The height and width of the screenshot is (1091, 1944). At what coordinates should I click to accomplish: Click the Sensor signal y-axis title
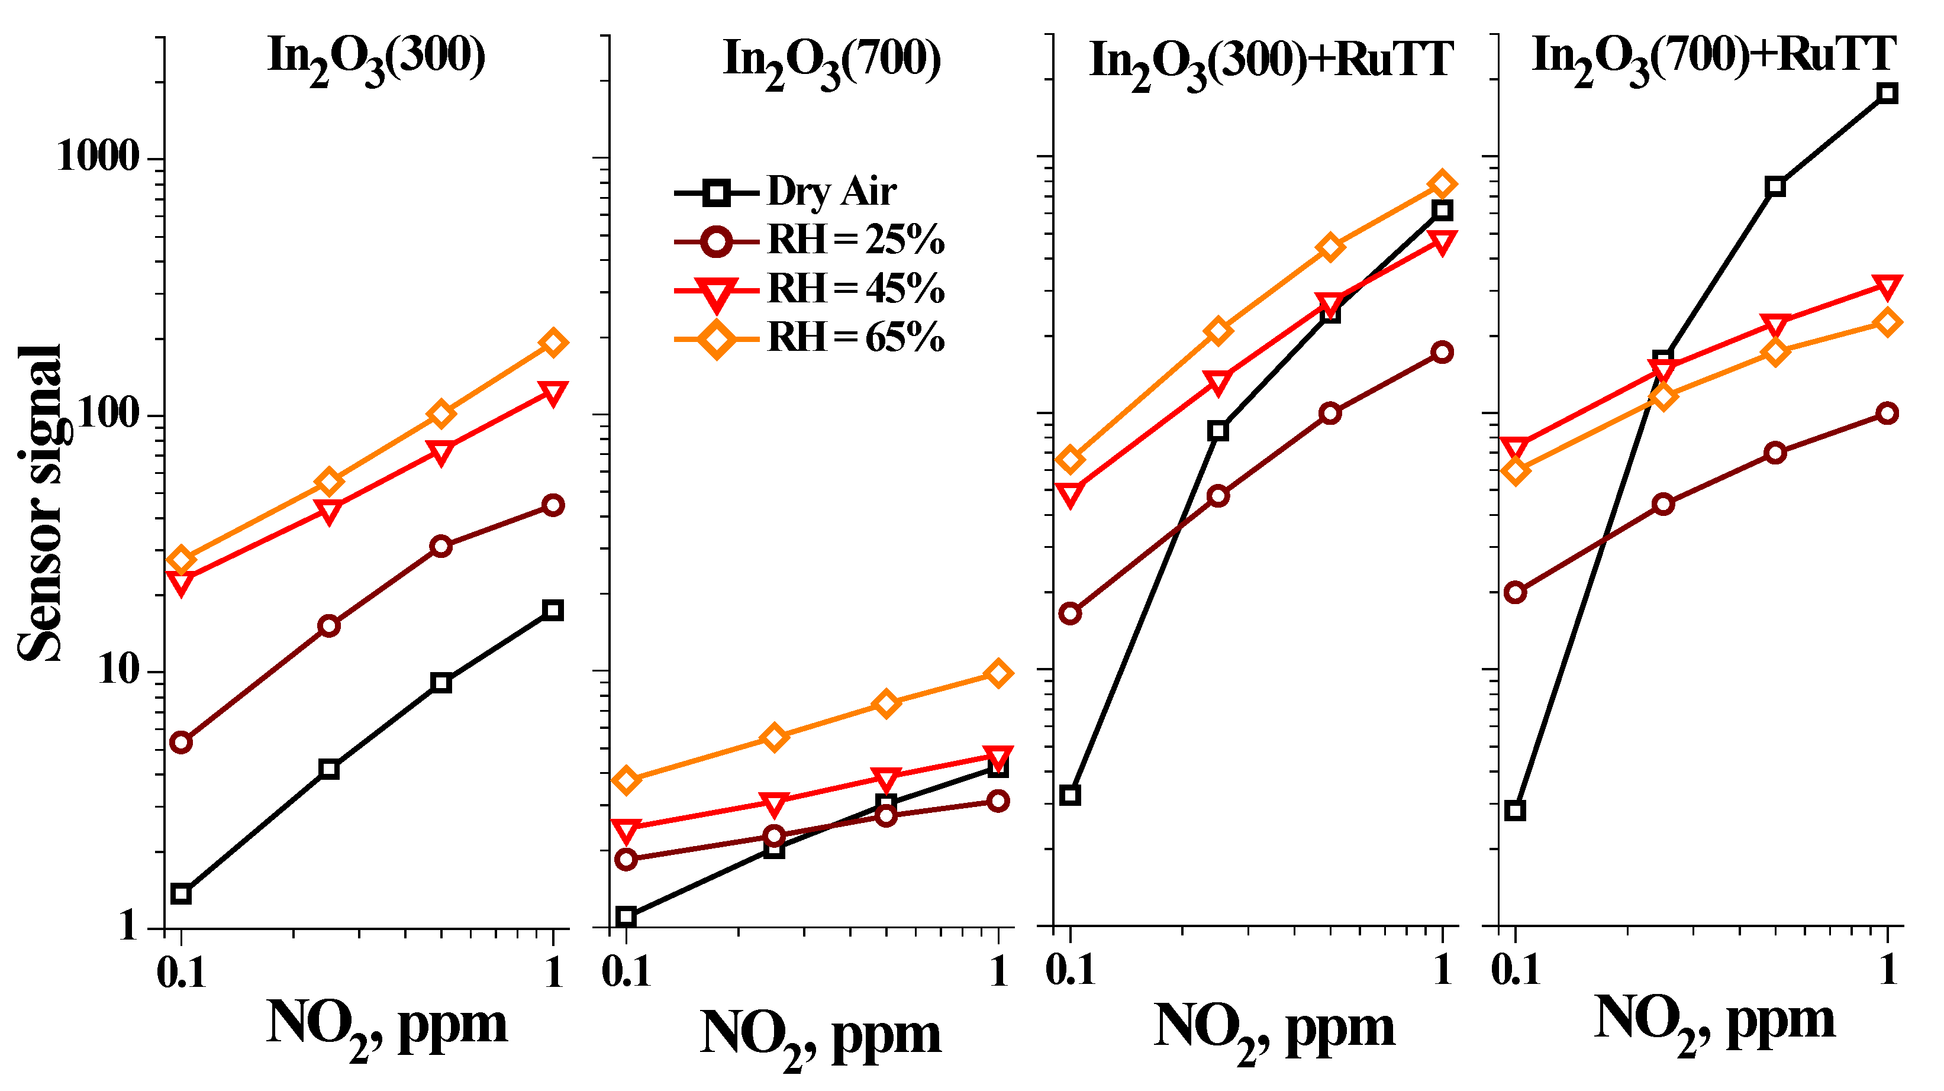(x=41, y=504)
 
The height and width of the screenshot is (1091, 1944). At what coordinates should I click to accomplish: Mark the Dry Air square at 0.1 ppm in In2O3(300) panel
(x=180, y=894)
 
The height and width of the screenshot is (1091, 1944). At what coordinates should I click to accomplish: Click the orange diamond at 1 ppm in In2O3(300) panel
(x=553, y=343)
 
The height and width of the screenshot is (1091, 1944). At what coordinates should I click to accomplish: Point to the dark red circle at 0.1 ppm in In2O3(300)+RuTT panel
(x=1069, y=614)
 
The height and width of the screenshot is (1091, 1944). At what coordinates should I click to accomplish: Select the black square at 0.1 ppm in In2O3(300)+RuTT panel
(x=1069, y=795)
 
